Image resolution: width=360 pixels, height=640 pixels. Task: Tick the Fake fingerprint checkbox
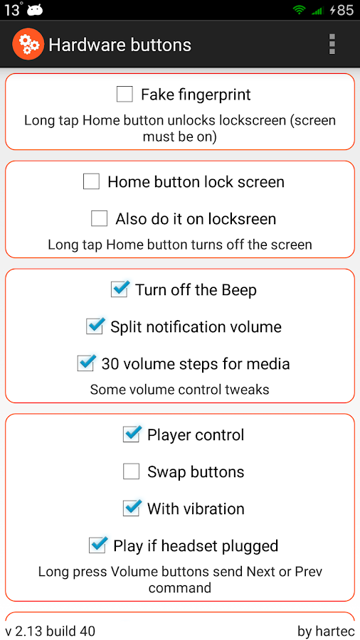[x=125, y=95]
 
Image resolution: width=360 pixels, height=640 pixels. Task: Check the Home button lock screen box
[x=91, y=181]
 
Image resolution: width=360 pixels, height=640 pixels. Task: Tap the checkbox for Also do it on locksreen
[x=99, y=218]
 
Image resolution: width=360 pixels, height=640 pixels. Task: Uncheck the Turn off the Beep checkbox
[x=120, y=289]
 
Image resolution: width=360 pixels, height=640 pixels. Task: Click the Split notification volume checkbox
[x=95, y=326]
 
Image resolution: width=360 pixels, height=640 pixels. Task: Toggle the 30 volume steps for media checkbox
[x=85, y=363]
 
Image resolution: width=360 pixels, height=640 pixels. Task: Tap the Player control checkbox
[x=132, y=434]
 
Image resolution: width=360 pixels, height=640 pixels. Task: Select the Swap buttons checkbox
[x=132, y=471]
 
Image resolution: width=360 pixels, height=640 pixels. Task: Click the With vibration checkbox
[x=132, y=508]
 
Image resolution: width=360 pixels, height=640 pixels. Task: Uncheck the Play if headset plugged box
[x=97, y=545]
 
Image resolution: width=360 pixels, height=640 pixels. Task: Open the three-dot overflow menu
[x=332, y=44]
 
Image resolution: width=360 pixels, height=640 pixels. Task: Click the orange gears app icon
[x=28, y=44]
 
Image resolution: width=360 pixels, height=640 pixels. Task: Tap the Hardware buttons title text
[x=120, y=45]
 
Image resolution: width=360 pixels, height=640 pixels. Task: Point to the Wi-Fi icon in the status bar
[x=300, y=10]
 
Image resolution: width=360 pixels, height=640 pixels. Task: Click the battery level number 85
[x=345, y=10]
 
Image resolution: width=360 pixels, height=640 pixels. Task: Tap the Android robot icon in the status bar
[x=35, y=10]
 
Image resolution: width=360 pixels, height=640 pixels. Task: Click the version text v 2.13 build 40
[x=51, y=631]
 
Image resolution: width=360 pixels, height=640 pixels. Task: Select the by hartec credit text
[x=326, y=631]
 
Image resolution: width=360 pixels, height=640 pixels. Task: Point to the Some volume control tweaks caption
[x=179, y=390]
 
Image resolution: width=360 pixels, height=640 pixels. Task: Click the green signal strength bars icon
[x=317, y=11]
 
